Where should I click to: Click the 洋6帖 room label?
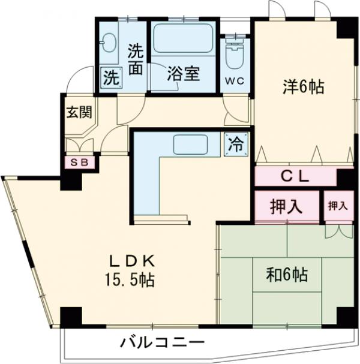click(x=304, y=87)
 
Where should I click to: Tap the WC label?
click(x=235, y=82)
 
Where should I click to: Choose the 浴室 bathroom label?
click(x=182, y=76)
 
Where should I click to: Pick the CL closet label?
click(x=294, y=176)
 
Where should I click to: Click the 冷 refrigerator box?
click(x=236, y=144)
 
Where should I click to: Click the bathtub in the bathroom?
click(x=182, y=39)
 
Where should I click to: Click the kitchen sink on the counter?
click(x=190, y=145)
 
